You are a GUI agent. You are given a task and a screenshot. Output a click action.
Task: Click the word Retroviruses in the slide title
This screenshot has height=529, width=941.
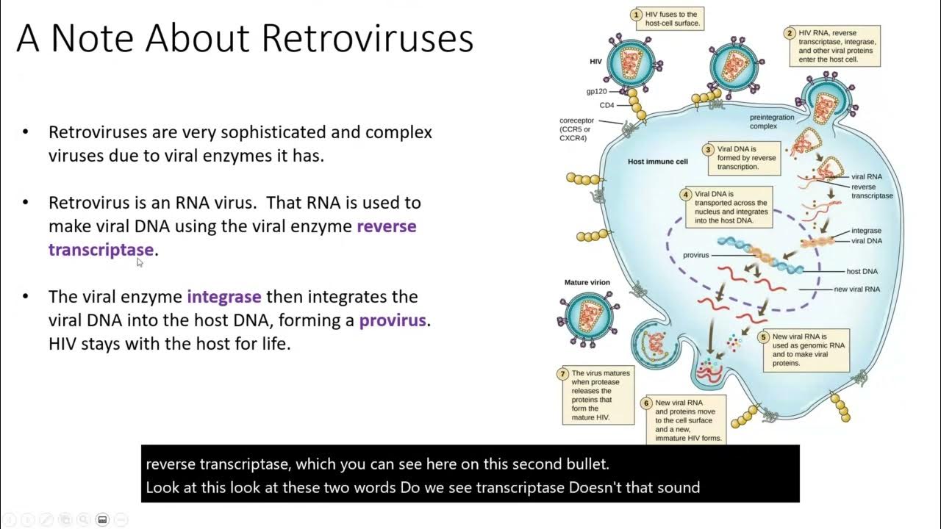click(367, 38)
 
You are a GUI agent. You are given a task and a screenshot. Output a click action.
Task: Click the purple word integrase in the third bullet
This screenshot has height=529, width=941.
click(224, 297)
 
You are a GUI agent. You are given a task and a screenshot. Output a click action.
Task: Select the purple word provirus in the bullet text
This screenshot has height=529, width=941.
click(392, 320)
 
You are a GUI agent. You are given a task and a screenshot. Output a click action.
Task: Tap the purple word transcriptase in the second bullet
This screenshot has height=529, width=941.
click(101, 250)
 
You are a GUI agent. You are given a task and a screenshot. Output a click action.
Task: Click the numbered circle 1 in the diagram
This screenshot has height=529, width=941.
click(637, 15)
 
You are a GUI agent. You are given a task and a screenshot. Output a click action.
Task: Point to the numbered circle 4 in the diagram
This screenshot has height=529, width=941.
click(686, 195)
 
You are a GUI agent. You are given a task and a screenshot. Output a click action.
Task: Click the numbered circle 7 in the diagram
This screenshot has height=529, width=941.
click(563, 374)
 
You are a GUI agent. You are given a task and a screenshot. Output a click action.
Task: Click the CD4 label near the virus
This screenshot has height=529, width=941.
click(607, 105)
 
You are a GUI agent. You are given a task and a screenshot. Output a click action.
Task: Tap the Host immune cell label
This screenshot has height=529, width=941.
click(657, 162)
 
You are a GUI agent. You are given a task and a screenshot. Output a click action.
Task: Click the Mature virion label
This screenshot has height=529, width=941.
click(587, 282)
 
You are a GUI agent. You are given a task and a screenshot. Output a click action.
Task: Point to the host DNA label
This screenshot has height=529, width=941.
click(862, 272)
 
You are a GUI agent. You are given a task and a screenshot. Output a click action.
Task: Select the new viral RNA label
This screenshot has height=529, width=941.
click(856, 289)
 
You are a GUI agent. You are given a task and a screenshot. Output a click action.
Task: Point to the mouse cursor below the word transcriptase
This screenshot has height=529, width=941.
click(140, 262)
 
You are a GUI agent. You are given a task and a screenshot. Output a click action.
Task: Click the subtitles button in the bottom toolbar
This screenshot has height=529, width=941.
click(102, 519)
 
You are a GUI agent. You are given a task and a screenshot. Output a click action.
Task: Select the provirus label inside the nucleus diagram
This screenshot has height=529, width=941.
click(695, 256)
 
